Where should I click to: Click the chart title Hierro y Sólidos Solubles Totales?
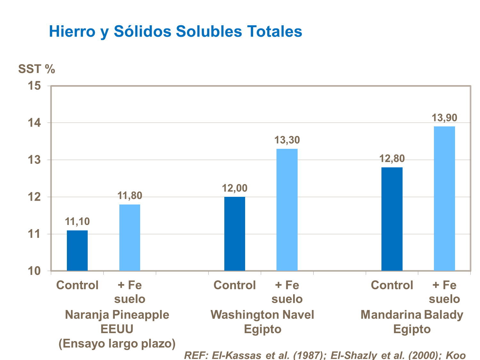coord(175,32)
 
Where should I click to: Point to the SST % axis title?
coord(36,69)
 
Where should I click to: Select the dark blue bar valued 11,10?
coord(77,251)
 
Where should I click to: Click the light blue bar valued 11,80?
coord(130,237)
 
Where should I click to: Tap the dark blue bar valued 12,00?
coord(235,234)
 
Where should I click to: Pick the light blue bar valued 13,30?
coord(287,210)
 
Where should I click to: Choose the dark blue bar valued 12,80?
coord(392,219)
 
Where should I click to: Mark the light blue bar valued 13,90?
coord(444,199)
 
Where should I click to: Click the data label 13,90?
coord(444,118)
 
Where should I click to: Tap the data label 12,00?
coord(235,188)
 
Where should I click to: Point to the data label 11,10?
coord(77,221)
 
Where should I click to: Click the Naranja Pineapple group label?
coord(117,315)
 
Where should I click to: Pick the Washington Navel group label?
coord(262,315)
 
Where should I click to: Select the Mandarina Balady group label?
coord(412,315)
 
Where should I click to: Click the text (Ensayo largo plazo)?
coord(117,344)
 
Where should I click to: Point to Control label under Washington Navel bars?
coord(235,285)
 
